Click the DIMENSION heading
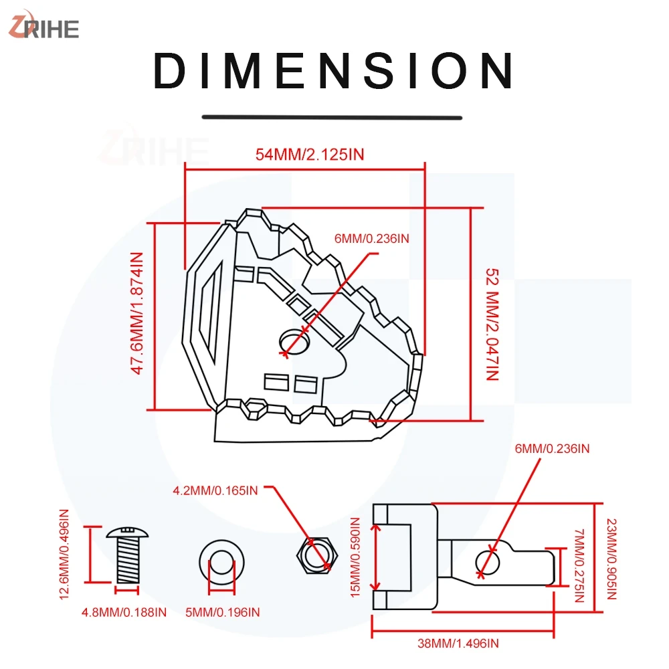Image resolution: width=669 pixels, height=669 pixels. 333,72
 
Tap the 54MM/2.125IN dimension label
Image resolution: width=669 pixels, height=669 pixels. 310,155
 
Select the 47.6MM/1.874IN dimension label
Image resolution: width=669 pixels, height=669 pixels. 136,313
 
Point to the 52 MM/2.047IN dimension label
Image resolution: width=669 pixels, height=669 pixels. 492,324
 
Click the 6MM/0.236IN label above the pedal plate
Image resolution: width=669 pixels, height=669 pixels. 371,239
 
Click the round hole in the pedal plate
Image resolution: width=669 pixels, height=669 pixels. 294,341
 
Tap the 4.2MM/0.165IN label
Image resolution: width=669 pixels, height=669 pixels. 215,490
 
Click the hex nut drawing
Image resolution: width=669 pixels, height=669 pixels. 317,555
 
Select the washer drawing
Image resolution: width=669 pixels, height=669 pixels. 222,563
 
